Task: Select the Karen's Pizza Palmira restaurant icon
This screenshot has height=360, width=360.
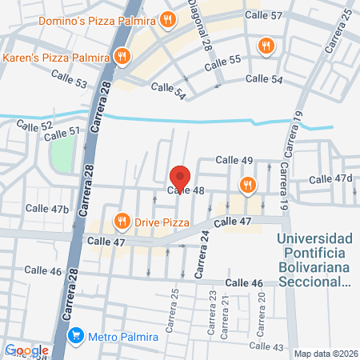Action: coord(122,56)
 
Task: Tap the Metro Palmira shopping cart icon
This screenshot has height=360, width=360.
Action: coord(77,335)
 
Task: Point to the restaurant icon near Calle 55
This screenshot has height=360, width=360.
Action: coord(265,46)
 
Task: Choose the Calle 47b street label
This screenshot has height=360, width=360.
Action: coord(47,208)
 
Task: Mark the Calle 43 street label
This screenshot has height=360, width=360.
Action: coord(266,346)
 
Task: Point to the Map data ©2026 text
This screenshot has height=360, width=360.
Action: coord(325,354)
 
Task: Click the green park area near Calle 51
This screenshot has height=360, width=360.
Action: coord(62,152)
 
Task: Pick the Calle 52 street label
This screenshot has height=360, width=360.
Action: coord(34,126)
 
